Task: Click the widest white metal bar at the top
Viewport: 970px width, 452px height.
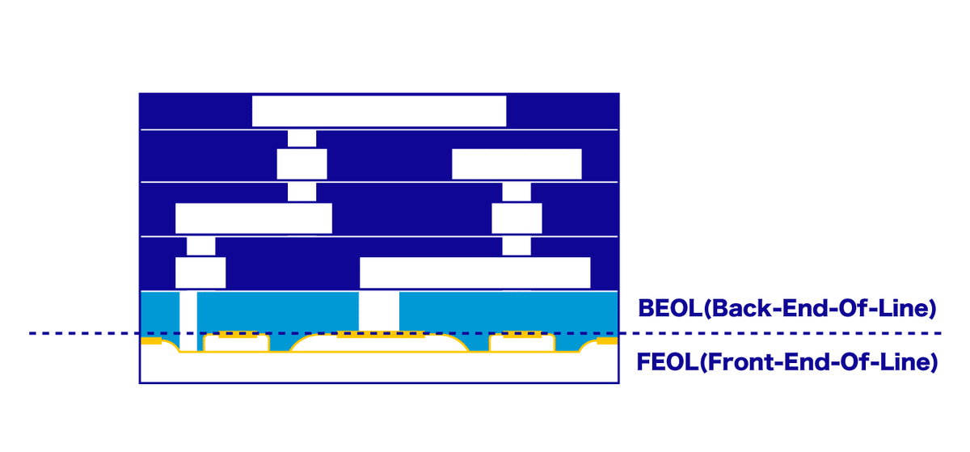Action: click(x=379, y=111)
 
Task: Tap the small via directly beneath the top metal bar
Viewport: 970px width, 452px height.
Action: click(x=302, y=138)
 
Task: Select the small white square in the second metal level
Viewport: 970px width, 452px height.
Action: click(x=302, y=164)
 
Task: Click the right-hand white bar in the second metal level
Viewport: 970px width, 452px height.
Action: click(x=517, y=164)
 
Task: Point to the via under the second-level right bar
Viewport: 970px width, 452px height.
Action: click(x=517, y=192)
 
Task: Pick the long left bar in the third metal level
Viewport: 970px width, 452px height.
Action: click(x=254, y=218)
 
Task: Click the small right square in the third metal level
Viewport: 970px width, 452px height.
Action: click(x=517, y=218)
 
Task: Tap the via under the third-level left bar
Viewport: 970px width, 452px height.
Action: click(x=201, y=246)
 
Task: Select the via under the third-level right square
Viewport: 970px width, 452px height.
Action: click(x=517, y=246)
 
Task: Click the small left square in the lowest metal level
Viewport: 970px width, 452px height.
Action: click(x=200, y=272)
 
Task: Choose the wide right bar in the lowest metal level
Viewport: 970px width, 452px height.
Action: click(x=474, y=272)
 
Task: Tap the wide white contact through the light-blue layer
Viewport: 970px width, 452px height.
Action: click(x=379, y=311)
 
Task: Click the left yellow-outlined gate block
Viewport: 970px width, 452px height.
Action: click(x=236, y=344)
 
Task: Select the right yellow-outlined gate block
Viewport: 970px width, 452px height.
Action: click(x=521, y=344)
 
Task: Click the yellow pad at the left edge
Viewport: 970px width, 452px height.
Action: click(x=151, y=341)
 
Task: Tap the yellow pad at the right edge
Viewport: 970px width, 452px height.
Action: click(x=607, y=341)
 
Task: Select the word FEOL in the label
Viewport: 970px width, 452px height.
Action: click(x=666, y=362)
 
